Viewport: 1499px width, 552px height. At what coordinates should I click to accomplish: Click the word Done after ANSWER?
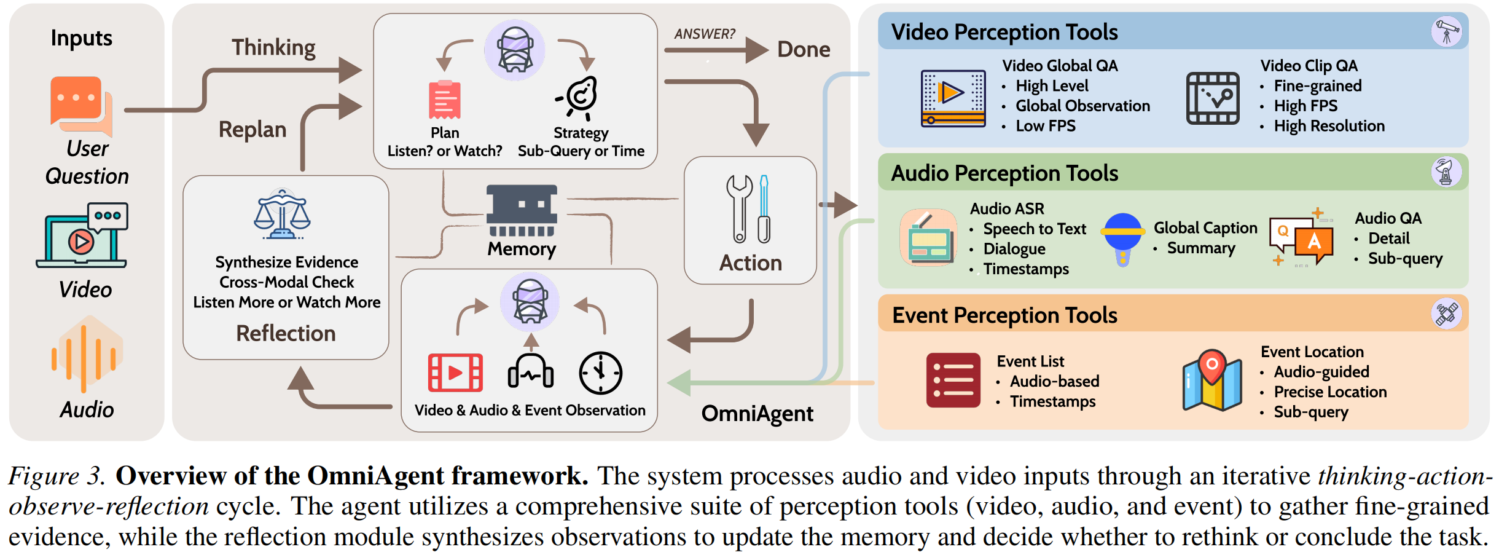coord(804,49)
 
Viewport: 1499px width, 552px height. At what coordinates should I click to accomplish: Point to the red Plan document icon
coord(445,100)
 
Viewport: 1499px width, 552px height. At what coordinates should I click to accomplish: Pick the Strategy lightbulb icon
coord(579,98)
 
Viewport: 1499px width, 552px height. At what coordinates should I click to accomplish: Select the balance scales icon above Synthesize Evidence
coord(283,215)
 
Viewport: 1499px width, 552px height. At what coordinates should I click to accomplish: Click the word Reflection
coord(286,333)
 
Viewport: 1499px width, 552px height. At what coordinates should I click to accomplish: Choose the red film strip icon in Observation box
coord(455,373)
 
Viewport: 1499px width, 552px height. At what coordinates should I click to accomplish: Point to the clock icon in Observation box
coord(600,373)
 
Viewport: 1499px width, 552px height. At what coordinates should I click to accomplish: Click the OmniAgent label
coord(757,414)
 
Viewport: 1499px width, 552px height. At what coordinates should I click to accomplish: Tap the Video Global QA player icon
coord(953,98)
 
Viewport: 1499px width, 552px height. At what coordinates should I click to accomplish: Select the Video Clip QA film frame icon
coord(1213,98)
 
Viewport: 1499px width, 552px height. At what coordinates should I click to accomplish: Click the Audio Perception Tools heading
coord(1004,173)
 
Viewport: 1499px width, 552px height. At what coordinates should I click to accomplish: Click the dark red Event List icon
coord(953,380)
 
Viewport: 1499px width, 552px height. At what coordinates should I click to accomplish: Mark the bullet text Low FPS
coord(1045,126)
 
